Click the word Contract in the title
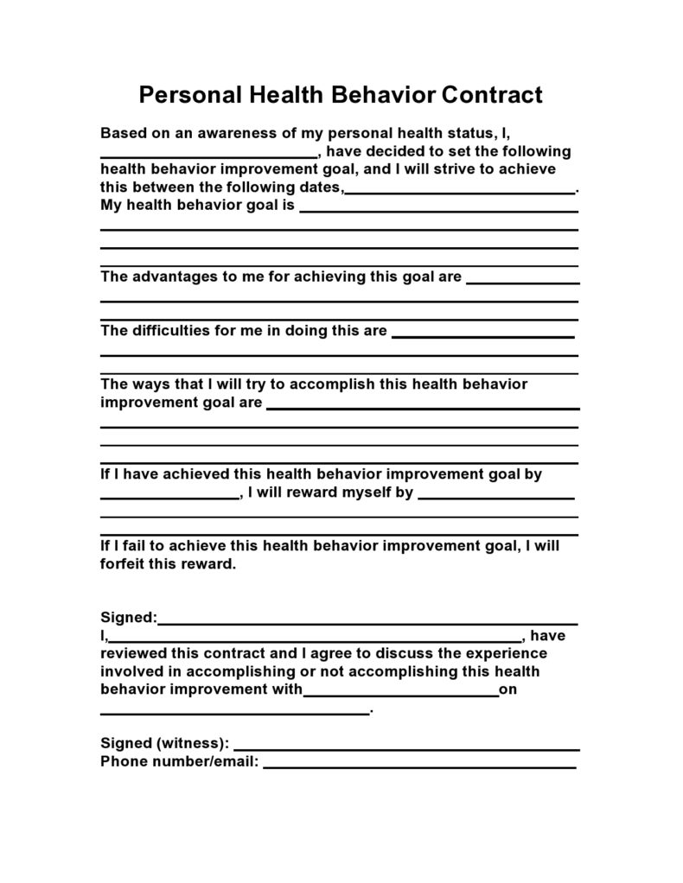pos(492,94)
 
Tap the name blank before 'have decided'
pos(208,155)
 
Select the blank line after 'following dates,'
pos(460,190)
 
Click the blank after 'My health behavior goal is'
pos(438,209)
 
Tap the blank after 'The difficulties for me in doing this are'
pos(483,334)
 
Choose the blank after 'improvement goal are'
pos(423,407)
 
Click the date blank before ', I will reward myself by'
pos(169,498)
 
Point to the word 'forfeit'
pos(126,564)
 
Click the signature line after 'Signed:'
pos(367,621)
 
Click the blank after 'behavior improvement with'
pos(401,694)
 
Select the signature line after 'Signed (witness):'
pos(406,747)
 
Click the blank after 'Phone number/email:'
pos(419,765)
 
